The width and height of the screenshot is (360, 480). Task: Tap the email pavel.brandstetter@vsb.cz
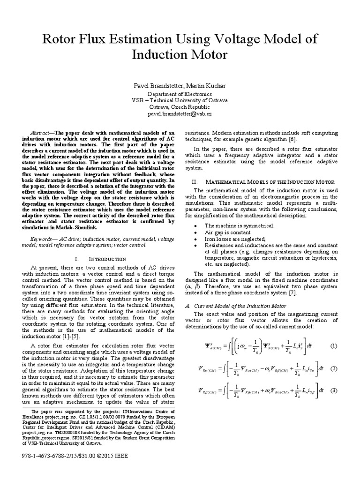click(180, 113)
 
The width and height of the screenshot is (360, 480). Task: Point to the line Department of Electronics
click(180, 94)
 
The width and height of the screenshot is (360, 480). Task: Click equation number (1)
click(333, 346)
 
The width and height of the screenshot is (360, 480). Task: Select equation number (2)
click(333, 368)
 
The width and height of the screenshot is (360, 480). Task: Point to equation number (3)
click(333, 390)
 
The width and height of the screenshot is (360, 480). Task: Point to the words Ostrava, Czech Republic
click(180, 107)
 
